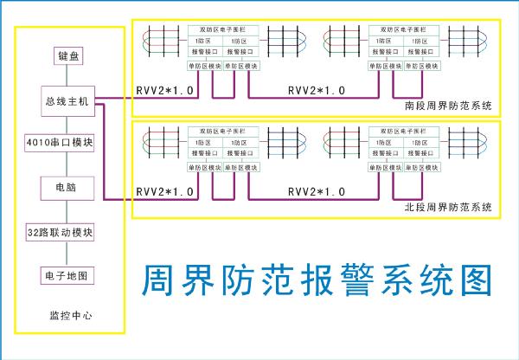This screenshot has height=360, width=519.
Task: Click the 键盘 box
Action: tap(67, 57)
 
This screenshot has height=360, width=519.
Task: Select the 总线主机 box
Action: tap(67, 101)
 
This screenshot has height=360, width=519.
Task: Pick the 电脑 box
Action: tap(67, 186)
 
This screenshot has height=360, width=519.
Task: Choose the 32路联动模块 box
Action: tap(67, 233)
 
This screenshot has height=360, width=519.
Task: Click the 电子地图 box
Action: tap(67, 276)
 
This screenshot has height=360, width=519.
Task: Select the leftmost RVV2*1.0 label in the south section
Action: tap(164, 90)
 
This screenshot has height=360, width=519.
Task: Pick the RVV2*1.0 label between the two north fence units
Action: tap(316, 190)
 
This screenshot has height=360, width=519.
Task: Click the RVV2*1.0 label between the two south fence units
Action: tap(316, 90)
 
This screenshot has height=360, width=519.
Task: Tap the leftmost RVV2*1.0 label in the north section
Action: tap(164, 190)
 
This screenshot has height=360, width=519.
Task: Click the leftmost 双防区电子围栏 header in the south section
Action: tap(223, 30)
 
